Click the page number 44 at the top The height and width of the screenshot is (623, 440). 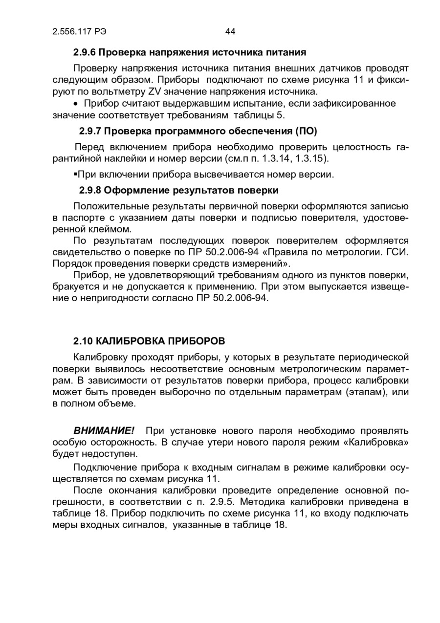click(230, 32)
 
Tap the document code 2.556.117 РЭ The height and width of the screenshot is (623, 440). click(79, 32)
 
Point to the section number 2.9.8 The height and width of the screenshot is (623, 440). click(91, 189)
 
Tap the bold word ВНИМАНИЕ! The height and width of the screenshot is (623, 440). click(104, 430)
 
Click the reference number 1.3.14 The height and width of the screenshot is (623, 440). click(284, 158)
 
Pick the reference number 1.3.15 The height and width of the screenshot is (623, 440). click(312, 158)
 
